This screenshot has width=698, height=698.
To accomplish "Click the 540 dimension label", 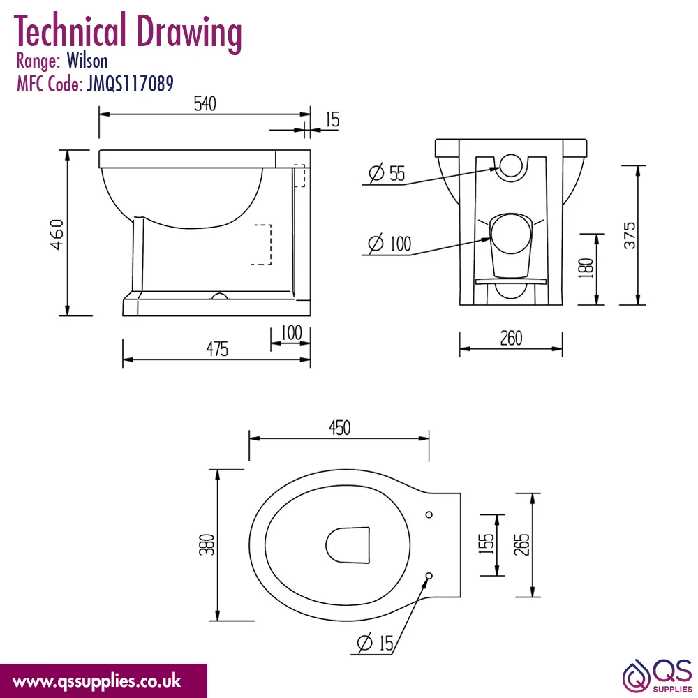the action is (x=205, y=104).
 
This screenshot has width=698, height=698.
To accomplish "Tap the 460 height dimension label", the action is (x=57, y=234).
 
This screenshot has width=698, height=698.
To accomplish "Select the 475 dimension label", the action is (x=217, y=348).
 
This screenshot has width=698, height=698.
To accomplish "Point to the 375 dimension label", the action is (x=630, y=235).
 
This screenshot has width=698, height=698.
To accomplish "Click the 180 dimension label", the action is (x=586, y=267).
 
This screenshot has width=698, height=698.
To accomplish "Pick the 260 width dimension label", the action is (x=511, y=339).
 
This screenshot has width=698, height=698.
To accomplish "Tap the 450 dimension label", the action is (x=340, y=428).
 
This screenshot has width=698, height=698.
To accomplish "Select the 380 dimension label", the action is (x=207, y=544).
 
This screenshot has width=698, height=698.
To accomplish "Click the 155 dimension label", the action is (x=486, y=544).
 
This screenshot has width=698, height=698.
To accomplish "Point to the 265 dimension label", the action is (x=521, y=544).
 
